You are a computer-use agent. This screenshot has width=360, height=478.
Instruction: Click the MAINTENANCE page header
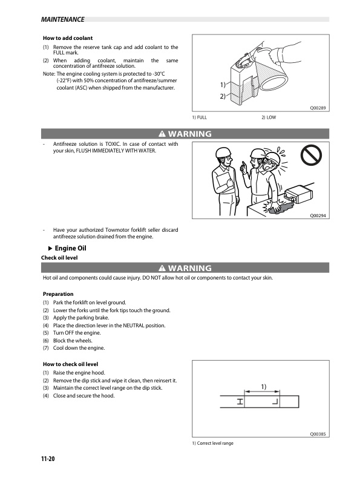point(62,19)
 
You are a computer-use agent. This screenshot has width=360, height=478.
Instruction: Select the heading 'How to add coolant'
point(68,38)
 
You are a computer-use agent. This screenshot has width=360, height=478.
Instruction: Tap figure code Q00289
point(318,108)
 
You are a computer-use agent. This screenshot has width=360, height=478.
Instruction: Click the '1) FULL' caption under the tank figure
point(199,117)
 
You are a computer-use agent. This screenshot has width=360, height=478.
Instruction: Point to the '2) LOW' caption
point(269,117)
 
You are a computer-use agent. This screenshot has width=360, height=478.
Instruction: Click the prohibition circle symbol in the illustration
point(311,154)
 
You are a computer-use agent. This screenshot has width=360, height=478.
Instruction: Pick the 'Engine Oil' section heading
point(70,248)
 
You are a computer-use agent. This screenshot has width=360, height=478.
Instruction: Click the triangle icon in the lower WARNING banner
point(162,268)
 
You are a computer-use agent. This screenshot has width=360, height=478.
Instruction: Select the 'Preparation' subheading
point(58,294)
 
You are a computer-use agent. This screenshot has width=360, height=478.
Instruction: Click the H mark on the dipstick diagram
point(240,402)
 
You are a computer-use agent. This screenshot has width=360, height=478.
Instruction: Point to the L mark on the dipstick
point(275,402)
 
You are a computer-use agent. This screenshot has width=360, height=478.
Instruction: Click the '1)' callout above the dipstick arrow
point(263,387)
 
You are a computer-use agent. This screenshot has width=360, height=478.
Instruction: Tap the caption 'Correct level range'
point(215,444)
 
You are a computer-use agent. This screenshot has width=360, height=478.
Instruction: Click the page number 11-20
point(48,459)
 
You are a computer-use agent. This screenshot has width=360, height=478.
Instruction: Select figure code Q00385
point(318,434)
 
